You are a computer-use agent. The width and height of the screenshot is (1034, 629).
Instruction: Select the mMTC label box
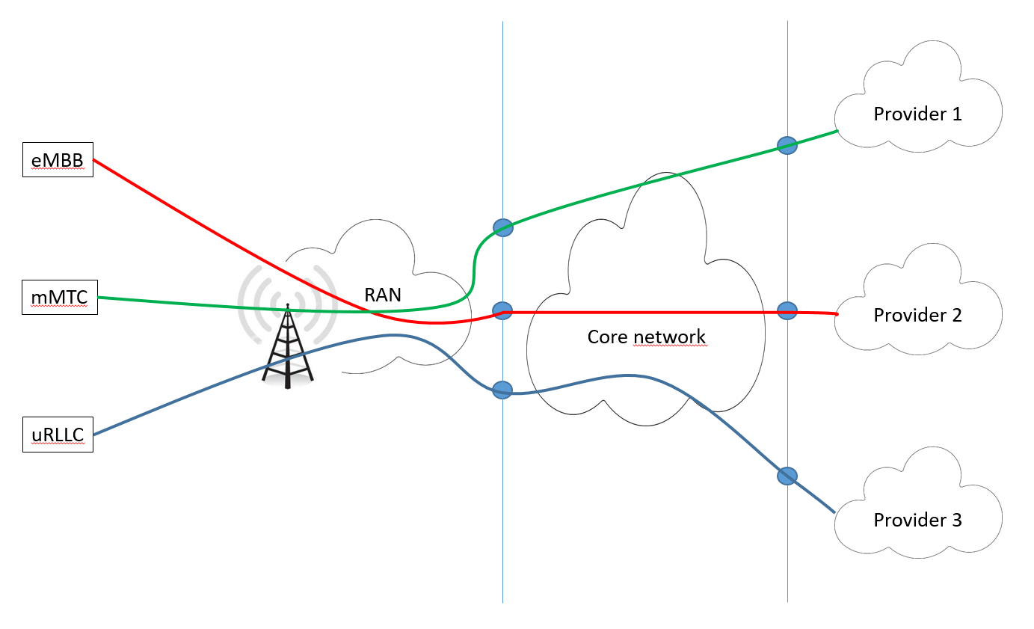pos(59,298)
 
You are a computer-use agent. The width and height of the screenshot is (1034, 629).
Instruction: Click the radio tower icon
pos(287,344)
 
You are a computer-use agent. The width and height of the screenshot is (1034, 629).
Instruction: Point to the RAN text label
pos(383,295)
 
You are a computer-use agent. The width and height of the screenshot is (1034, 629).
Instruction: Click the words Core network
pos(646,337)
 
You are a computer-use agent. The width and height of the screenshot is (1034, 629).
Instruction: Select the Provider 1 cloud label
pos(917,114)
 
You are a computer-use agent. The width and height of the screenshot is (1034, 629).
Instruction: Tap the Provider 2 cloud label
pos(917,315)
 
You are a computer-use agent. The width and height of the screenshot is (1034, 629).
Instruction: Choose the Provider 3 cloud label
pos(917,520)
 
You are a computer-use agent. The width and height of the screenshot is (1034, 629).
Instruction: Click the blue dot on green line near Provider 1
pos(787,145)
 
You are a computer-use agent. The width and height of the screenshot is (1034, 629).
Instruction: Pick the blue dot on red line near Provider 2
pos(787,311)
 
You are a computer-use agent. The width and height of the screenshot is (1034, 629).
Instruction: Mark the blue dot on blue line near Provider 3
pos(787,476)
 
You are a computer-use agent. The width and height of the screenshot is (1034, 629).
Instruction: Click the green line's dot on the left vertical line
pos(502,227)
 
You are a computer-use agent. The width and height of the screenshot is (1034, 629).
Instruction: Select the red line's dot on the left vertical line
pos(502,310)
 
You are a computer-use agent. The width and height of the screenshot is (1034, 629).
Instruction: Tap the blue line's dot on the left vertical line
pos(502,390)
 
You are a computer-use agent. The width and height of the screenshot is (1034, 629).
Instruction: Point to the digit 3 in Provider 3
pos(956,520)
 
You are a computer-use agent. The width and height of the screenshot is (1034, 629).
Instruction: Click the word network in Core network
pos(668,337)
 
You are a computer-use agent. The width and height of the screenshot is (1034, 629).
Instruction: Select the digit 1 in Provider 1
pos(956,114)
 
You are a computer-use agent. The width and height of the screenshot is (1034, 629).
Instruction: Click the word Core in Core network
pos(604,337)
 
